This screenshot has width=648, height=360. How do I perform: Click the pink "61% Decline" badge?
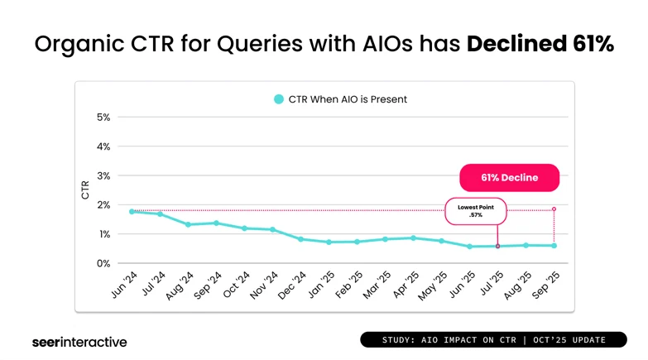(x=509, y=178)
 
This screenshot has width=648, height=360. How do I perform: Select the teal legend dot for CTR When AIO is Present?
(x=279, y=99)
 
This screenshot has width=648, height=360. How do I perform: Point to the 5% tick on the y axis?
(x=103, y=118)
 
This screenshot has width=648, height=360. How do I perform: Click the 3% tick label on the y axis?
(x=103, y=176)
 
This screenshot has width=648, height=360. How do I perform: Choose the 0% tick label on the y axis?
(x=103, y=264)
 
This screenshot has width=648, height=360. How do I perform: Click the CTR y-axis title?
(x=85, y=190)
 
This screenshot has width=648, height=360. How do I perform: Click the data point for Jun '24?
(x=132, y=212)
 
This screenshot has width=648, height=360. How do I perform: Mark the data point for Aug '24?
(x=188, y=224)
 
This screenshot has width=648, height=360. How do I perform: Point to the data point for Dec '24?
(x=300, y=239)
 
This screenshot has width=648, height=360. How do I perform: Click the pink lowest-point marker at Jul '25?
(x=497, y=246)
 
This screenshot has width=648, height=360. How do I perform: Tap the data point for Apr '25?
(x=413, y=238)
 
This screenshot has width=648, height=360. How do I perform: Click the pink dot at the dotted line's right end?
(x=554, y=209)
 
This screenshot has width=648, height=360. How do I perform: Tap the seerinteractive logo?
(x=79, y=341)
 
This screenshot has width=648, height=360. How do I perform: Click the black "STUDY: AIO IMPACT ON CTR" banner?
(x=493, y=340)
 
